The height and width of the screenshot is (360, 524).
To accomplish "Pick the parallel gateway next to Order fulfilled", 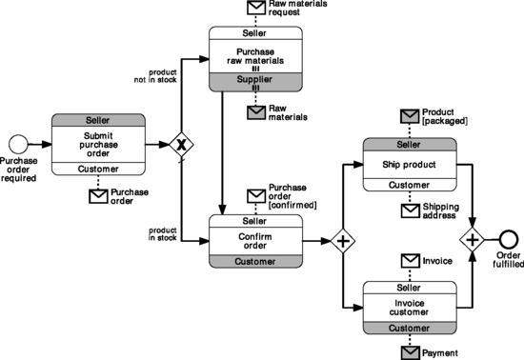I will (472, 238).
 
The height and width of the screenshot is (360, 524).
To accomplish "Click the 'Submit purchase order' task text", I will (99, 145).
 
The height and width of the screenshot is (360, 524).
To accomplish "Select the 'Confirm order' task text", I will (255, 240).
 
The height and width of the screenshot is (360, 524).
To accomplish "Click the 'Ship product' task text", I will (410, 163).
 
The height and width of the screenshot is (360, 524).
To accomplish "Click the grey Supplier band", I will (255, 79).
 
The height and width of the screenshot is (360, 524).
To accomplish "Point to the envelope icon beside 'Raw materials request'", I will (255, 8).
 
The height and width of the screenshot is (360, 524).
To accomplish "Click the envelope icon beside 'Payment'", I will (410, 352).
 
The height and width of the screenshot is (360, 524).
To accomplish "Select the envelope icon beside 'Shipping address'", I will (410, 210).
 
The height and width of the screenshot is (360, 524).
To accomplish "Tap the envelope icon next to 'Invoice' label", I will (410, 260).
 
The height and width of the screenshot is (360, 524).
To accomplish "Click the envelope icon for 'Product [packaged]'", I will (410, 117).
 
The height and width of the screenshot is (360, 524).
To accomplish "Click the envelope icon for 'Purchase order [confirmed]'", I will (255, 196).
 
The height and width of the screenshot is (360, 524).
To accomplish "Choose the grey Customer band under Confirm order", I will (255, 261).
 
